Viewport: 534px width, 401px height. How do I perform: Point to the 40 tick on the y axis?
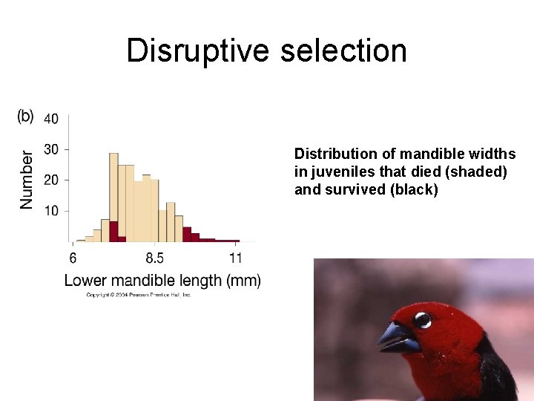point(52,119)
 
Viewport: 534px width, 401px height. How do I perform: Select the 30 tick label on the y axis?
point(52,149)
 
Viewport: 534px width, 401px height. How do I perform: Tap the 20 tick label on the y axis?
point(52,180)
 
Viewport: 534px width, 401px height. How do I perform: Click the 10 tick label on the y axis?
point(52,211)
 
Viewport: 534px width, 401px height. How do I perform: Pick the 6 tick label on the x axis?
point(73,258)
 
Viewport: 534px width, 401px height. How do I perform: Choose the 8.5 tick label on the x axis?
point(155,258)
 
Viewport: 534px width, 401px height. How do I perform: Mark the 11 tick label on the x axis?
point(235,258)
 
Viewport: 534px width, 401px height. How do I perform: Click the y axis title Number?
point(27,180)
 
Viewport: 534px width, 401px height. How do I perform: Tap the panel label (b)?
point(25,117)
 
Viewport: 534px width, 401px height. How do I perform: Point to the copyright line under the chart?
point(139,295)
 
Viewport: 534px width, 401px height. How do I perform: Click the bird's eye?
point(422,320)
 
